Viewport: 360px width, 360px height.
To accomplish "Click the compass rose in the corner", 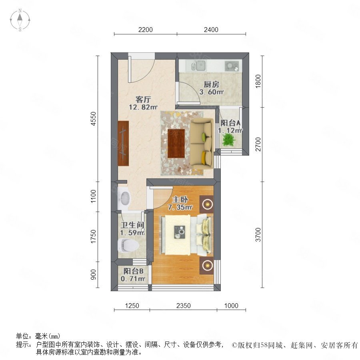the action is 20,20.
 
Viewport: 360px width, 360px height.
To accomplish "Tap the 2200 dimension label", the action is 146,30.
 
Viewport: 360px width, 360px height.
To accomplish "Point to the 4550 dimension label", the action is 93,118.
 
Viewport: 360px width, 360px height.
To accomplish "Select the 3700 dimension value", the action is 258,235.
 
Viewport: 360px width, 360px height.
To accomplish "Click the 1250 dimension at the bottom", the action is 132,306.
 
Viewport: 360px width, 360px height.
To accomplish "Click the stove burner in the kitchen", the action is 232,66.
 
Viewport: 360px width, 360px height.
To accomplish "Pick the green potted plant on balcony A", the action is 228,139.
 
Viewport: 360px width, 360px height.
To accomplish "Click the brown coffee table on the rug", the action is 176,144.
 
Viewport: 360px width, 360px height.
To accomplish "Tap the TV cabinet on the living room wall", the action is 123,143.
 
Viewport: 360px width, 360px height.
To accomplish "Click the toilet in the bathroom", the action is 128,245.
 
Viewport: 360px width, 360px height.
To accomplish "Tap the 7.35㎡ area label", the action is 180,207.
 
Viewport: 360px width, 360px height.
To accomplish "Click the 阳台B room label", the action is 133,271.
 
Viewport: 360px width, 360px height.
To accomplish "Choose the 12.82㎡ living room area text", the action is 143,107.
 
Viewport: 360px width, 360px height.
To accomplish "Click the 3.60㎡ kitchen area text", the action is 212,92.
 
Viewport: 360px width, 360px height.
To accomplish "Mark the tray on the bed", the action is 180,232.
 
